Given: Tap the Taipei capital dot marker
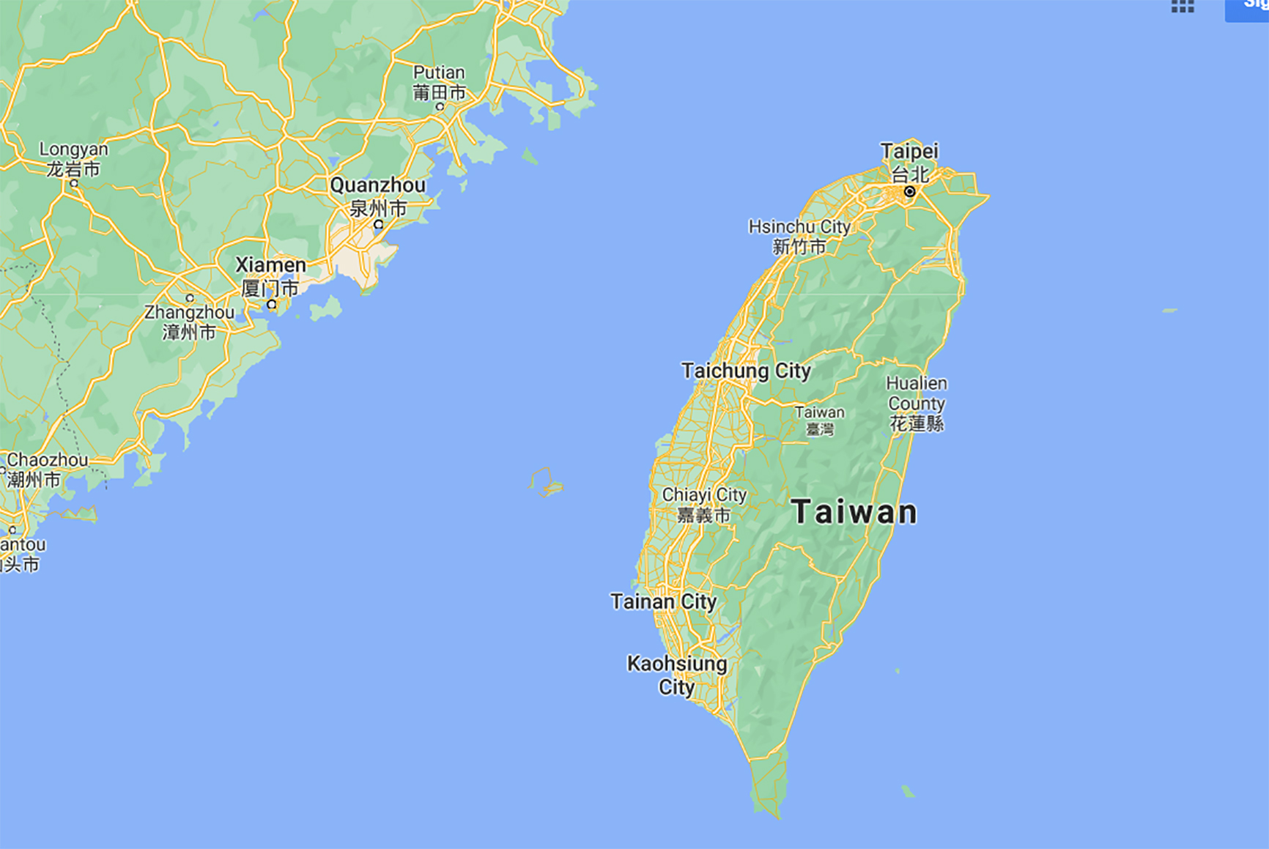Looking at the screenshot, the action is [909, 192].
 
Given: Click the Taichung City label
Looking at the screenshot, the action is [746, 371].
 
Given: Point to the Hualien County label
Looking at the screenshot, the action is [916, 403].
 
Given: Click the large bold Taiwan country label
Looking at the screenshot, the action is [854, 511].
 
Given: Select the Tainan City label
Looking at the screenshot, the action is [663, 601].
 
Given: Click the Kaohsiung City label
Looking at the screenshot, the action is [677, 675].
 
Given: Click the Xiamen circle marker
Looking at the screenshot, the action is [272, 304].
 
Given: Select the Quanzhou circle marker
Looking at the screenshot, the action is [378, 225].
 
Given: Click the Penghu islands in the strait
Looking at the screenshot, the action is [547, 483].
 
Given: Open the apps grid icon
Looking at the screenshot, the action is [1183, 7].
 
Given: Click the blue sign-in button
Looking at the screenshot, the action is [1247, 9].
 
